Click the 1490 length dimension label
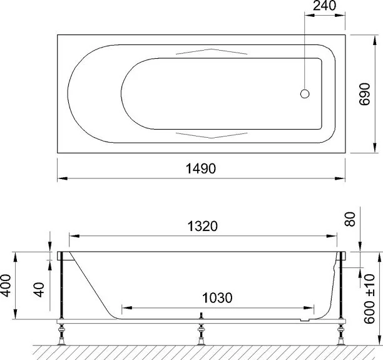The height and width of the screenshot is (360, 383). pos(201,168)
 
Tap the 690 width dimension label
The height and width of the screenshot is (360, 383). pos(365,95)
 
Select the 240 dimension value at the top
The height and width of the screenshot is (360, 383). pos(325,6)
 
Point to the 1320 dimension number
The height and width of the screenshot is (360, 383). pos(202,226)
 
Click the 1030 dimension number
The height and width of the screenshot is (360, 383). pos(217,298)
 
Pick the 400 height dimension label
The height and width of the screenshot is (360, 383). pos(6,285)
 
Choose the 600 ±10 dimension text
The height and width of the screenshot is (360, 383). pos(369,299)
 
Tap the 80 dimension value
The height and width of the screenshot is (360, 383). pos(350,219)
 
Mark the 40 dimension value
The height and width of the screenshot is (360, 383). pos(39,290)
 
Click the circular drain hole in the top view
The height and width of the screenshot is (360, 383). pos(305,94)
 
